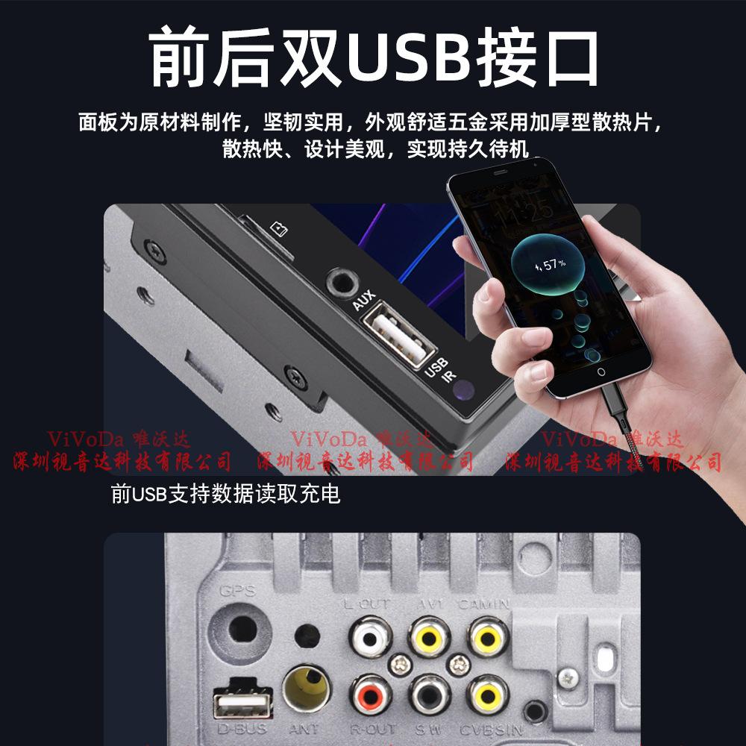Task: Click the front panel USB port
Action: tap(398, 333)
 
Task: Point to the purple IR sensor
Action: tap(464, 389)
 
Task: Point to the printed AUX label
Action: tap(363, 301)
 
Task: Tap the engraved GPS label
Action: tap(237, 591)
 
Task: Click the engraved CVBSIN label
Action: tap(491, 730)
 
